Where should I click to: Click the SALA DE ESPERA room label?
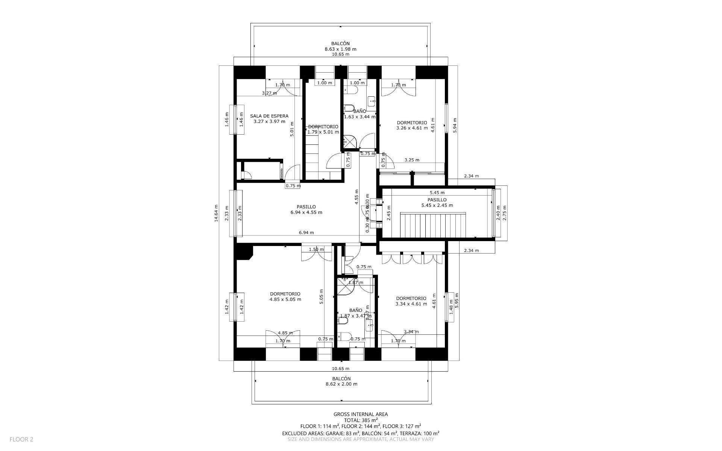point(269,118)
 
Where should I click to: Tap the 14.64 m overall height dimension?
point(216,213)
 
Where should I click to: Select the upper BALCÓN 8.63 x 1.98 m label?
point(340,47)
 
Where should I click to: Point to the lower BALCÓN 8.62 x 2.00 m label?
point(341,381)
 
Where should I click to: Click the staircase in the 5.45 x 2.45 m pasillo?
point(433,225)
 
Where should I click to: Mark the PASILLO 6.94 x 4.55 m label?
point(306,210)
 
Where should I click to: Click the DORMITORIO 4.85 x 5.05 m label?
point(285,297)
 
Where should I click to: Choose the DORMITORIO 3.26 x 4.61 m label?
point(412,125)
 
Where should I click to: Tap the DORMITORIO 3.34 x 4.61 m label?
point(411,301)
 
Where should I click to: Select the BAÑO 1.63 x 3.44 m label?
point(359,114)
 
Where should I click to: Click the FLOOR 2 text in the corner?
point(21,439)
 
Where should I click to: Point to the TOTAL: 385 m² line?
point(361,420)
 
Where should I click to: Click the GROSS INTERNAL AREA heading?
point(361,414)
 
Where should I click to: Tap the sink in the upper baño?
point(372,100)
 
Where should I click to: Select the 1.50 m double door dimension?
point(316,249)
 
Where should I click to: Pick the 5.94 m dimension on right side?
point(455,128)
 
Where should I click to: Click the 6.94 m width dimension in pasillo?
point(306,232)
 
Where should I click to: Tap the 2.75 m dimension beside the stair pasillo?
point(505,213)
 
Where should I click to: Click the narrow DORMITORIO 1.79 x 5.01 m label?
point(323,129)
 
